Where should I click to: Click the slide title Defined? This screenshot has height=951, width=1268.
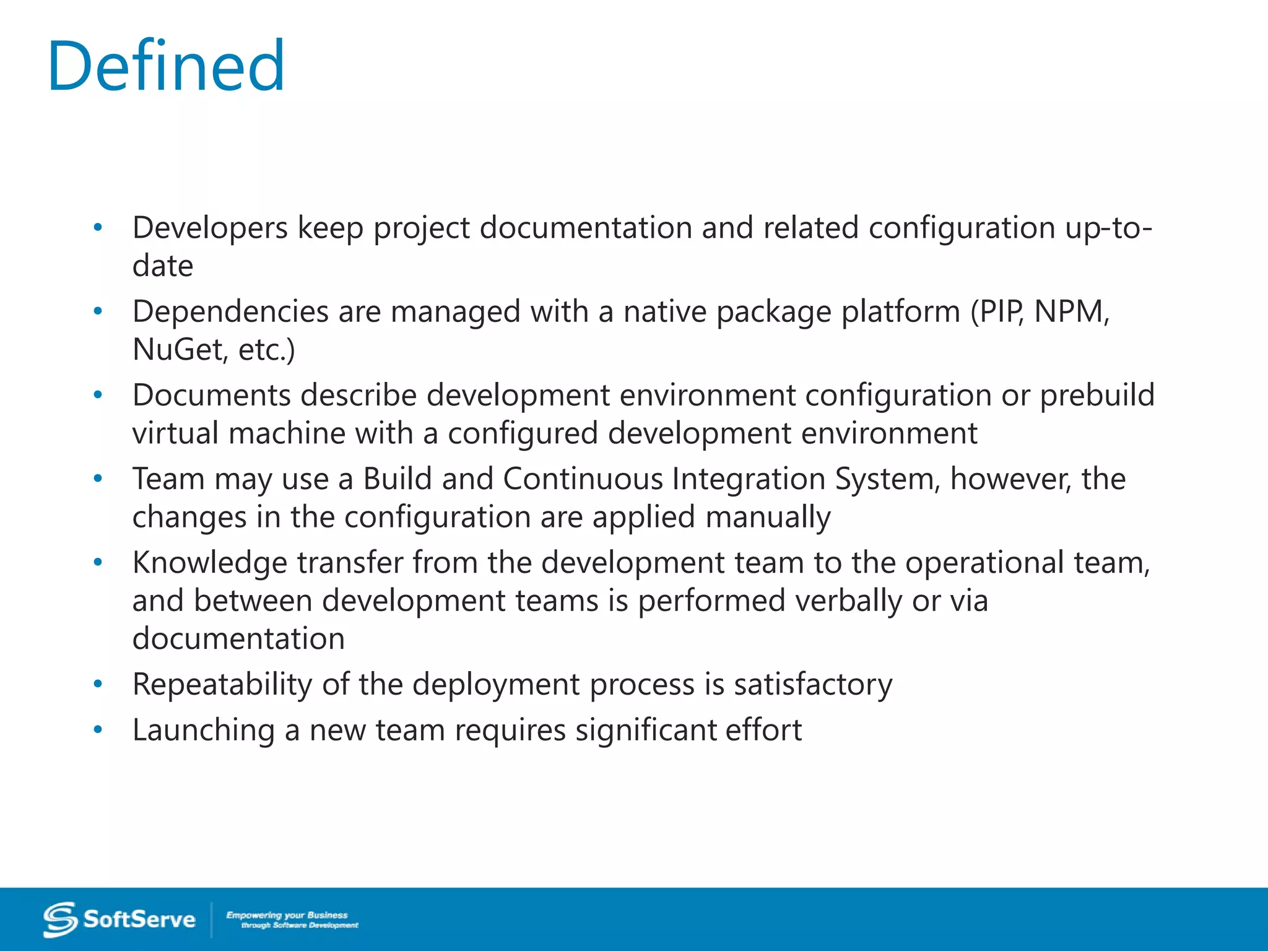pos(166,66)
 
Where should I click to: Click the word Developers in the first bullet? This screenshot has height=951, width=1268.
pos(210,228)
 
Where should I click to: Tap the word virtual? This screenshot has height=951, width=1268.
pos(175,433)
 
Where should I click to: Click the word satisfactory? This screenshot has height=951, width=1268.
pos(813,685)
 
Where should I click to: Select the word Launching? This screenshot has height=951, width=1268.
pos(204,730)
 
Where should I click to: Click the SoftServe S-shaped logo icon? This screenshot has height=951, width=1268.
pos(60,919)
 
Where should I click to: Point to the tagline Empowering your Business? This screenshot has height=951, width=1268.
pos(287,914)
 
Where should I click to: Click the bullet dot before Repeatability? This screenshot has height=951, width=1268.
pos(97,684)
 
